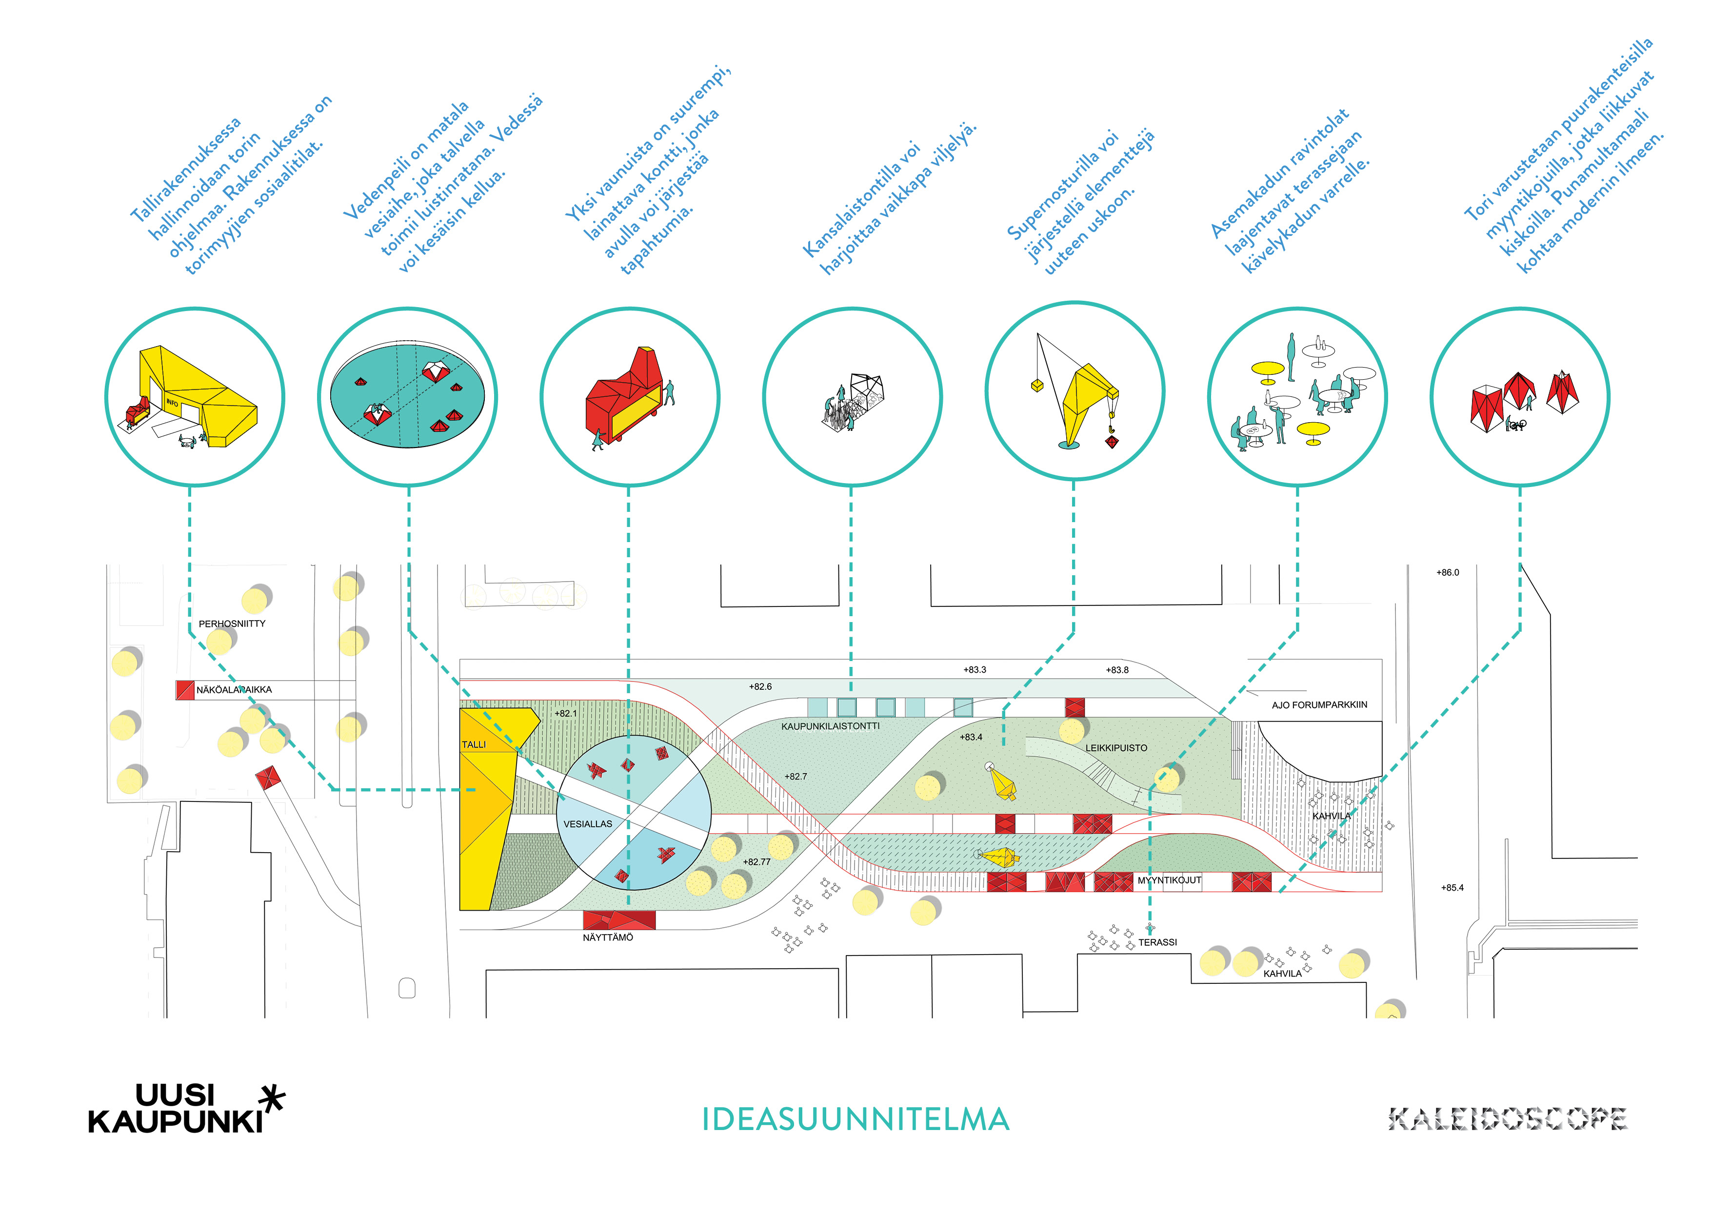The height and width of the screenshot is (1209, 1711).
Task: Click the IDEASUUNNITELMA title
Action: [x=855, y=1119]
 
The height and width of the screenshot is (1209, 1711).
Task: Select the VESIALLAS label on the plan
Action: [x=587, y=824]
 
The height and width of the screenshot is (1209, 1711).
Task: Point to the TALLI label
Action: [x=474, y=744]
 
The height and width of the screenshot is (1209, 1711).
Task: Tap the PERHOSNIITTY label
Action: [x=232, y=624]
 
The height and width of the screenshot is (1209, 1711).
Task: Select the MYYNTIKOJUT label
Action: [x=1169, y=880]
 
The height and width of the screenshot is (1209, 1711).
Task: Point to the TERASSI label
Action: [x=1157, y=942]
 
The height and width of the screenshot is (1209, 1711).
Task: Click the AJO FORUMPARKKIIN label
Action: [x=1319, y=705]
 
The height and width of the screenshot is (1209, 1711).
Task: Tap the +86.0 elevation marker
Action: [x=1447, y=573]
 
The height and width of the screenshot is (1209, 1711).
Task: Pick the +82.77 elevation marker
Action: [x=756, y=862]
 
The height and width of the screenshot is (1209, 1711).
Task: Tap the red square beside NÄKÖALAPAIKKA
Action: [x=185, y=690]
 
